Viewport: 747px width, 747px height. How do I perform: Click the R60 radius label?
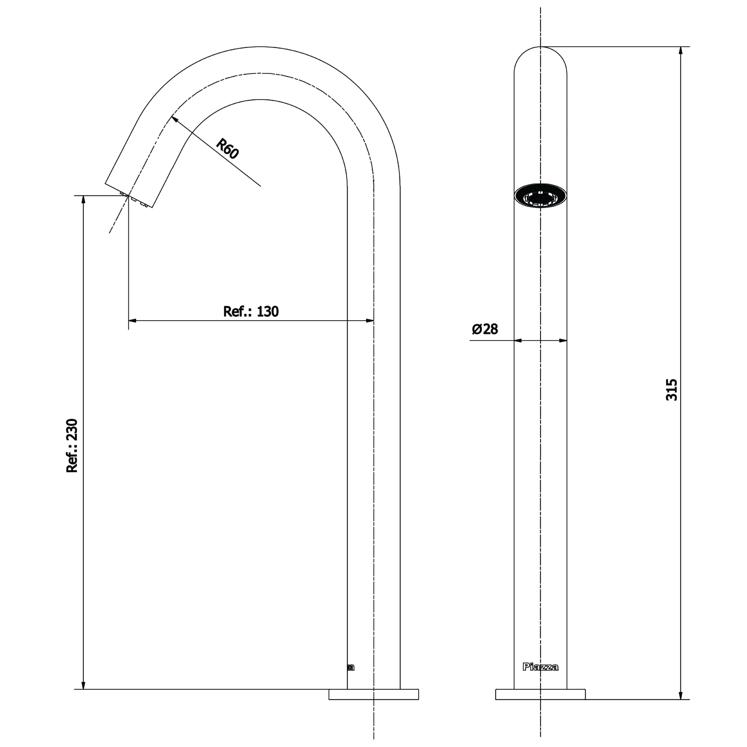(227, 149)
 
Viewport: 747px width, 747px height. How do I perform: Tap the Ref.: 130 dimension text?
(251, 311)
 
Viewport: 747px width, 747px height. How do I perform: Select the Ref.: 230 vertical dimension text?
(72, 445)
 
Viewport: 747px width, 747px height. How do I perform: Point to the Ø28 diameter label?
(485, 329)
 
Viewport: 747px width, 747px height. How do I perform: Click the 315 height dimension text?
(672, 390)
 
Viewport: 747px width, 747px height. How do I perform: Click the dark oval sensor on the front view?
(540, 196)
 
